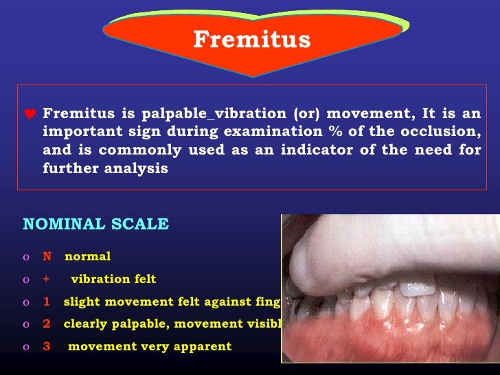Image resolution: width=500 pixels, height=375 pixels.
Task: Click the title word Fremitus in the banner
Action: [x=251, y=40]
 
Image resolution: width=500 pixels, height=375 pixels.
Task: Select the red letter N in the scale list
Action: [x=47, y=257]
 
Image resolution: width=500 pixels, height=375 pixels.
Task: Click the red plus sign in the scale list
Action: [x=47, y=279]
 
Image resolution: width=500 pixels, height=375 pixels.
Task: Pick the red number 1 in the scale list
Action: [x=47, y=302]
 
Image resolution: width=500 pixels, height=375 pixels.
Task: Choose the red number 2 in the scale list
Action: [x=47, y=323]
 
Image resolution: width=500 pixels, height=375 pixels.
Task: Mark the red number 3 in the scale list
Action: [x=47, y=346]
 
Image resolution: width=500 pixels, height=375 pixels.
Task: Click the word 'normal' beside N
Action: [x=87, y=257]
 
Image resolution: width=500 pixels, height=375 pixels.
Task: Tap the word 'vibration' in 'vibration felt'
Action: [x=100, y=279]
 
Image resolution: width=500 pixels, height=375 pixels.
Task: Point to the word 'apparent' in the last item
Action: [x=204, y=346]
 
